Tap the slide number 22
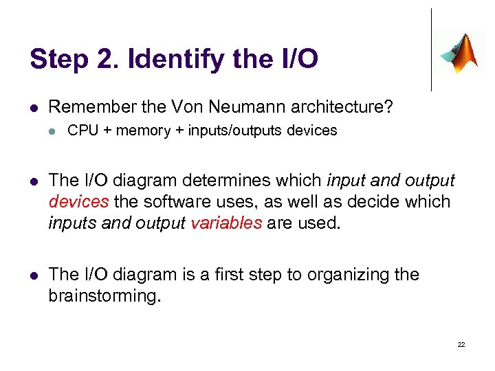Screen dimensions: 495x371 click(461, 344)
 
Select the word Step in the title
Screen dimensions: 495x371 click(55, 59)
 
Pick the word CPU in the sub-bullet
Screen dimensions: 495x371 click(83, 131)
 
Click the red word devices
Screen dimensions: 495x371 click(79, 202)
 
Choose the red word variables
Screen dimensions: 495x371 click(226, 223)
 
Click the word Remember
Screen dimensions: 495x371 click(91, 107)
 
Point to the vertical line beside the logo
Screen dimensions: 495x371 click(431, 49)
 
